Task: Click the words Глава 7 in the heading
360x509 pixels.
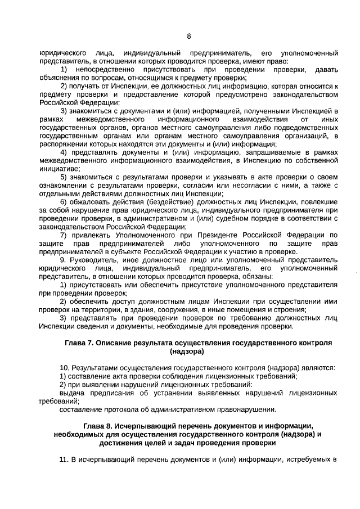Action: point(79,342)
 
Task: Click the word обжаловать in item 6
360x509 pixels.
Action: point(87,201)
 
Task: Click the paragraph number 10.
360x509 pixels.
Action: point(64,368)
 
